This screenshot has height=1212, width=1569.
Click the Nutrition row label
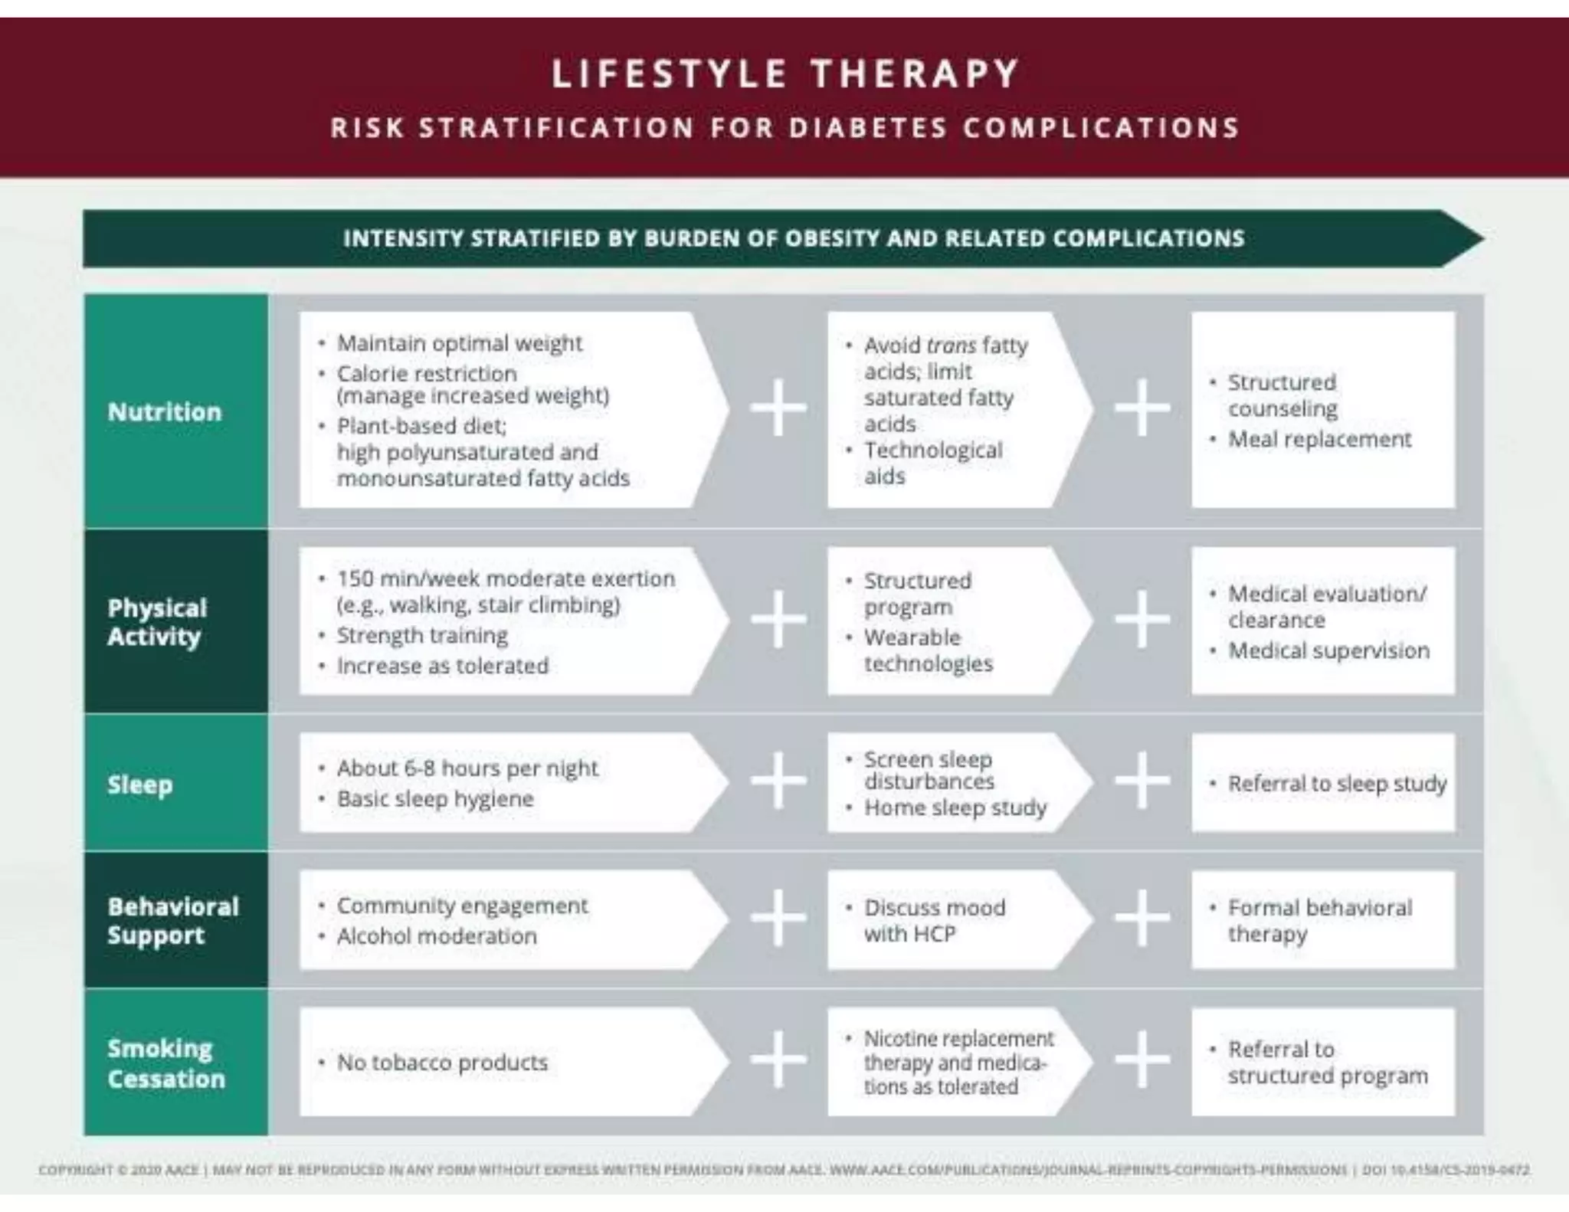pyautogui.click(x=165, y=411)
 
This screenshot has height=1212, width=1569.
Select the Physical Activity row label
pyautogui.click(x=157, y=622)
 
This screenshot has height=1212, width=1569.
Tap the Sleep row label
pyautogui.click(x=140, y=785)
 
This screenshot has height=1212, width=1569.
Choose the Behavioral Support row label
pyautogui.click(x=173, y=921)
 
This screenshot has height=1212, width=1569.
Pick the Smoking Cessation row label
pyautogui.click(x=166, y=1063)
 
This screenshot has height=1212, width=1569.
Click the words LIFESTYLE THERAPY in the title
pyautogui.click(x=785, y=74)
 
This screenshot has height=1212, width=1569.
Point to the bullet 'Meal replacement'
pyautogui.click(x=1319, y=440)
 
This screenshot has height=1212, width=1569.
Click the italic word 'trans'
pyautogui.click(x=951, y=346)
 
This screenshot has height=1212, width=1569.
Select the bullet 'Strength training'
pyautogui.click(x=422, y=636)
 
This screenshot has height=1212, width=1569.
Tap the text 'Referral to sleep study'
pyautogui.click(x=1337, y=784)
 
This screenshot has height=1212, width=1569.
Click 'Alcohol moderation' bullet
pyautogui.click(x=437, y=936)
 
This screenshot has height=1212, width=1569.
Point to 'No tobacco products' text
pyautogui.click(x=442, y=1063)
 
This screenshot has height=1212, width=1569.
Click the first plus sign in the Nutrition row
pyautogui.click(x=778, y=408)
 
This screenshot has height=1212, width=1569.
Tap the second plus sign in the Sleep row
pyautogui.click(x=1142, y=780)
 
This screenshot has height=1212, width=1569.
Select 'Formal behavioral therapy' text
pyautogui.click(x=1319, y=921)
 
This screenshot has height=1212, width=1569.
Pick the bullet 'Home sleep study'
pyautogui.click(x=955, y=808)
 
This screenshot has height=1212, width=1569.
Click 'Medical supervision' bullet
pyautogui.click(x=1328, y=651)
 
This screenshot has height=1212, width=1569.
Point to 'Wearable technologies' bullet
pyautogui.click(x=928, y=650)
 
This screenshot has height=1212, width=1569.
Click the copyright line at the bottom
pyautogui.click(x=784, y=1170)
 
